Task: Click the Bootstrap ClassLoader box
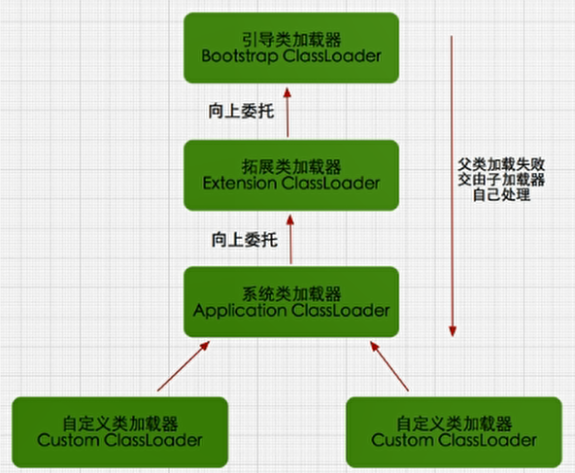[x=290, y=47]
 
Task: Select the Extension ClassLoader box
[x=290, y=174]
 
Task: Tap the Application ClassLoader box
[x=290, y=301]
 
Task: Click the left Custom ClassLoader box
[x=119, y=430]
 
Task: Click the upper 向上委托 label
[x=241, y=110]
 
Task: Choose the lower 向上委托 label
[x=241, y=238]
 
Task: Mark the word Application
[x=238, y=311]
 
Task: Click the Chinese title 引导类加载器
[x=290, y=37]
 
